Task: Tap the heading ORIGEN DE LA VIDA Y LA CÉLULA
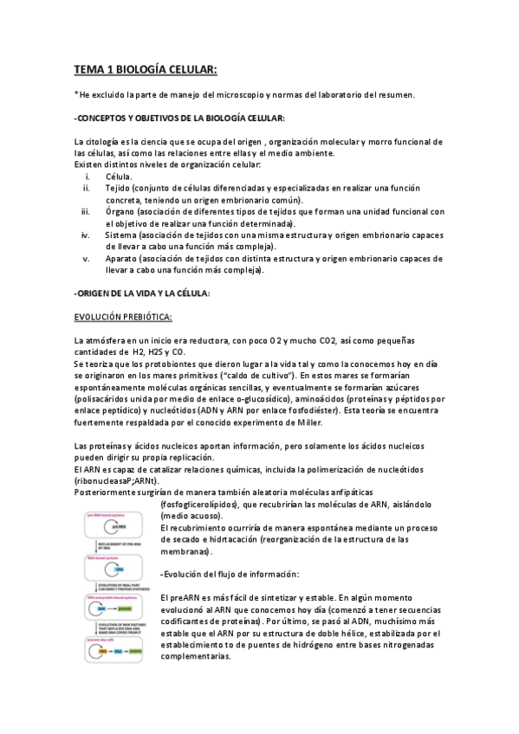[x=143, y=293]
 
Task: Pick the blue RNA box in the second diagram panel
[x=119, y=570]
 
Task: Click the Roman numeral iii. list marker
[x=85, y=211]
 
